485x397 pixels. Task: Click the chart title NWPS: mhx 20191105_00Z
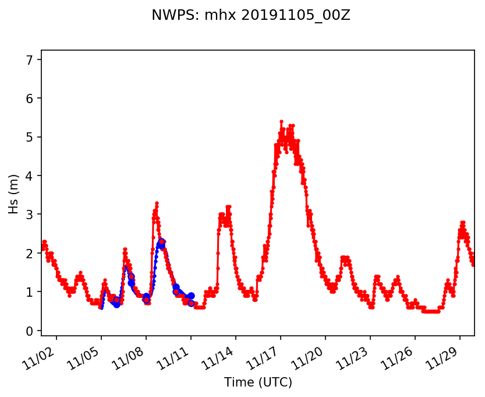coord(250,15)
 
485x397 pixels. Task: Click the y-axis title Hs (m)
coord(13,194)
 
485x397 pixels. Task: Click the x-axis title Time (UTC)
coord(258,382)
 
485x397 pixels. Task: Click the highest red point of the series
coord(281,121)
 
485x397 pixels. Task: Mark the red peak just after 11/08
coord(157,203)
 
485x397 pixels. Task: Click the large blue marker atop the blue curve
coord(161,241)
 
